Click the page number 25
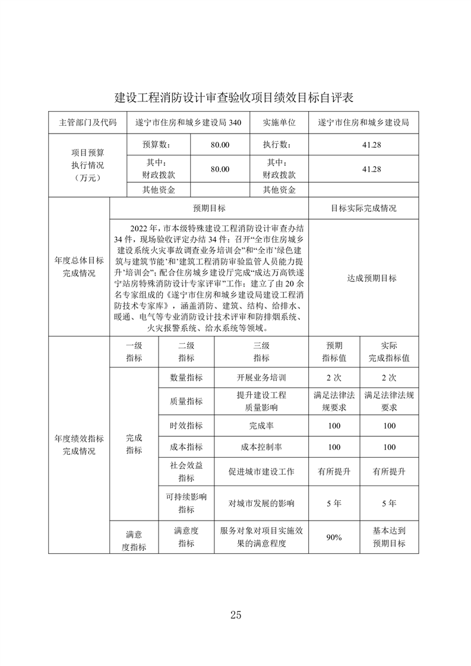[235, 614]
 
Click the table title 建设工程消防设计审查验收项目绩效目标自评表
[235, 97]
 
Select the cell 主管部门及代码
[88, 123]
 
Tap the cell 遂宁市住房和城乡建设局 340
[188, 123]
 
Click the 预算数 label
[157, 144]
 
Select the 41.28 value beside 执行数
[363, 144]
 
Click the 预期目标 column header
[209, 209]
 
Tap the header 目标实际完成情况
[363, 209]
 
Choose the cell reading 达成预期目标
[363, 278]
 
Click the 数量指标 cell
[186, 378]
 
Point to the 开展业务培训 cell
[261, 378]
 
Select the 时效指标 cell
[186, 426]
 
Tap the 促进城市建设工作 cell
[261, 472]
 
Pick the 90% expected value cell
[334, 537]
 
